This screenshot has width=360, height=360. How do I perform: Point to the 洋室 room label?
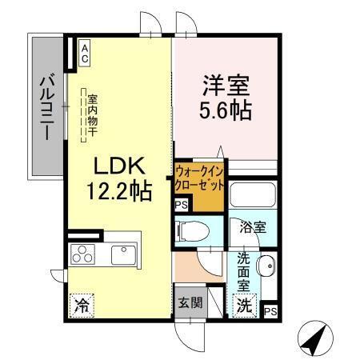226,83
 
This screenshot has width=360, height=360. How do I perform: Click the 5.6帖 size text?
226,109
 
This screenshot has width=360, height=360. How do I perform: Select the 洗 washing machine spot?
243,305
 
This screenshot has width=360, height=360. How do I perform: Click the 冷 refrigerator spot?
81,304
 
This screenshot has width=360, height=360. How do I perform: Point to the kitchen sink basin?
122,255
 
